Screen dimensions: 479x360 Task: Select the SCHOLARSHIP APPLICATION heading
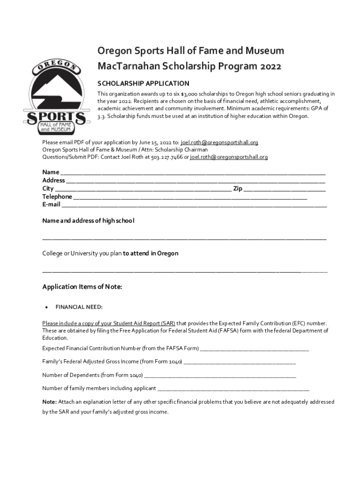143,83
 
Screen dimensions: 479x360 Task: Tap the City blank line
143,189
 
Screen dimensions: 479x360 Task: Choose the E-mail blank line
194,205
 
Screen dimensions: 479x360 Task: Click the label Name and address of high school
88,220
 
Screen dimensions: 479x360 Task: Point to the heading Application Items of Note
82,287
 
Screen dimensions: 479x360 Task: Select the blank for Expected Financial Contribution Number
254,349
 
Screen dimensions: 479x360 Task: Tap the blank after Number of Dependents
220,376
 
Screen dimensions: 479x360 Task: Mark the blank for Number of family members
233,389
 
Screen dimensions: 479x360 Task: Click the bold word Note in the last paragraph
49,402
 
